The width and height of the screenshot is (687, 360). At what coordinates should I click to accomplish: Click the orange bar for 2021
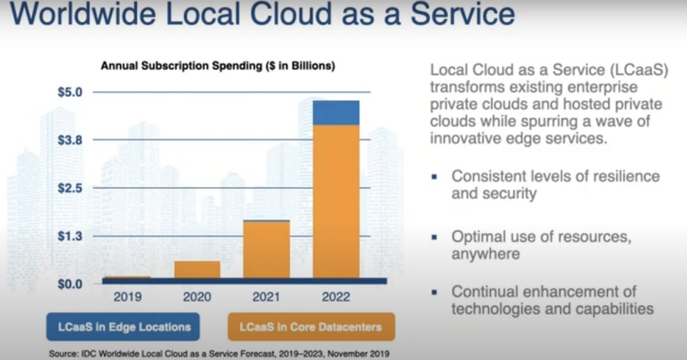266,249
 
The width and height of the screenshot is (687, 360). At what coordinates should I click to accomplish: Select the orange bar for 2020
197,270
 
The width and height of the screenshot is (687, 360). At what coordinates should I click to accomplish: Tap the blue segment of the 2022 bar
336,113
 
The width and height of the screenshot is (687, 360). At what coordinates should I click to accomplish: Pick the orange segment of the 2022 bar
336,202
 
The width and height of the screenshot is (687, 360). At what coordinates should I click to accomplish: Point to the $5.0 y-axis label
70,92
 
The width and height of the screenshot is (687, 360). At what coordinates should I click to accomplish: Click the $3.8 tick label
70,140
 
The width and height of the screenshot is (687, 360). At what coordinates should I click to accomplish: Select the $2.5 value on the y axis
70,188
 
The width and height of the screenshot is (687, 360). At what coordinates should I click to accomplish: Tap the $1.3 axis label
70,236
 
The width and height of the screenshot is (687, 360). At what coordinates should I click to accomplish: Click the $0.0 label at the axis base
70,284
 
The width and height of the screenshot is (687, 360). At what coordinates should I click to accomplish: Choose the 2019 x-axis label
127,297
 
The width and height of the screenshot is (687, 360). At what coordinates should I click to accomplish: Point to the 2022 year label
336,297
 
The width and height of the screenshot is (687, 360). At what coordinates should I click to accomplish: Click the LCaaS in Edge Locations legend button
123,327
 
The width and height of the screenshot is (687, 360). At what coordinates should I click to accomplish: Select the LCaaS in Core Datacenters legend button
311,327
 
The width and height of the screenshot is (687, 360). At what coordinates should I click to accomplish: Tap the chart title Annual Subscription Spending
218,66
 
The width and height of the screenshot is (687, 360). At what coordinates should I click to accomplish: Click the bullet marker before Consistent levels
434,177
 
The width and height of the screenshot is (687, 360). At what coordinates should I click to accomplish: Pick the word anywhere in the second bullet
485,254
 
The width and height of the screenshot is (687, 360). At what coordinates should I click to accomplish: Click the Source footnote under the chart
219,354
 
